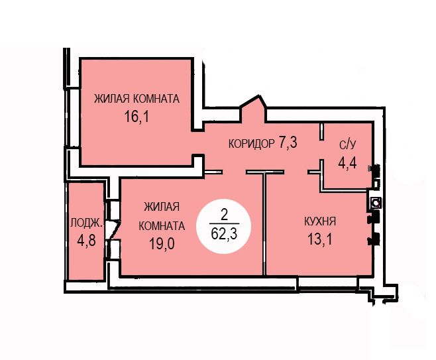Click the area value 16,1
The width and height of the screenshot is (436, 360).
click(136, 117)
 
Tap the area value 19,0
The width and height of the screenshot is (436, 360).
click(162, 244)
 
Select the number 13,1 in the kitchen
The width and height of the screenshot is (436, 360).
click(320, 239)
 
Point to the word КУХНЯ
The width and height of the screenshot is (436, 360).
click(320, 221)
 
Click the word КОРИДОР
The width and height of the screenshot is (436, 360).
click(252, 144)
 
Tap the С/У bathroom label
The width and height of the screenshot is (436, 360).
click(347, 145)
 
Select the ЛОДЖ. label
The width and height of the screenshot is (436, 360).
click(87, 223)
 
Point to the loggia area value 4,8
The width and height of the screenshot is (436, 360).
click(87, 241)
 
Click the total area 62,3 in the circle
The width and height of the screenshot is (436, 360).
click(224, 233)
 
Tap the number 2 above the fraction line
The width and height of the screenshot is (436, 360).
click(224, 215)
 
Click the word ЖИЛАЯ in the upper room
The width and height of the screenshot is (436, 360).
click(111, 99)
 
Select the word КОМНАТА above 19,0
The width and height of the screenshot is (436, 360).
click(162, 225)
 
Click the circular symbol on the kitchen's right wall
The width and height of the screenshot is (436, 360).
click(376, 203)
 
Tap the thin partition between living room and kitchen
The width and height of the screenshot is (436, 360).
click(264, 223)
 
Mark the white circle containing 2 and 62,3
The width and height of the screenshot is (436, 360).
click(223, 226)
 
